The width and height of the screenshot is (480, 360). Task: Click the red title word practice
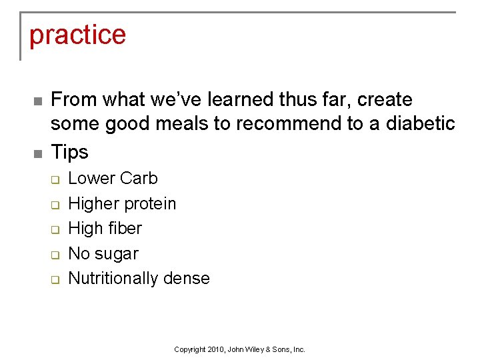pos(77,35)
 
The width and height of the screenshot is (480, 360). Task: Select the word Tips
pos(69,152)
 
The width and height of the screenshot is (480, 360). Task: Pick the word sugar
pos(117,254)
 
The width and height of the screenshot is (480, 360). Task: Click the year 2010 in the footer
pos(216,349)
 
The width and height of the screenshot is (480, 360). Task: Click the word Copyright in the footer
pos(189,349)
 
